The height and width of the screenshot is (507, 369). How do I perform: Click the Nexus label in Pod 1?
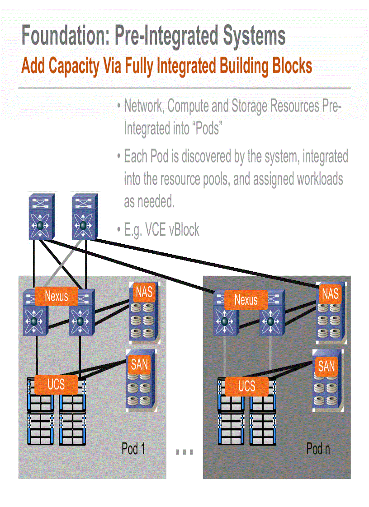(56, 296)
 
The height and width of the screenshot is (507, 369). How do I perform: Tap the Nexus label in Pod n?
(246, 300)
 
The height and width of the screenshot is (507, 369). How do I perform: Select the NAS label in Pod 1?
(144, 292)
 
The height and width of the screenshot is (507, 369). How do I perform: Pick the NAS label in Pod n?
(330, 293)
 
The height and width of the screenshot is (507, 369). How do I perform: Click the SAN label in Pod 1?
(139, 363)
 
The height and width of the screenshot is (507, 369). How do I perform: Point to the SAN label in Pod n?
(326, 366)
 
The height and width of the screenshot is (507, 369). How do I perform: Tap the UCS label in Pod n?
(246, 386)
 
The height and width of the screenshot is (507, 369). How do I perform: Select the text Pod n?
(318, 449)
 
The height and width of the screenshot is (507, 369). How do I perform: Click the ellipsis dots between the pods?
(184, 451)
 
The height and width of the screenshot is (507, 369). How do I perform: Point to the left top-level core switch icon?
(41, 217)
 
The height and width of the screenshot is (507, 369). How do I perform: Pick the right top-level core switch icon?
(84, 217)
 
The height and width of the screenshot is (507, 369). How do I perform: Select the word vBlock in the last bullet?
(184, 230)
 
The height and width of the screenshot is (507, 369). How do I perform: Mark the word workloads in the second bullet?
(320, 179)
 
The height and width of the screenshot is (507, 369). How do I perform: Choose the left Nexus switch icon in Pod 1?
(34, 316)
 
